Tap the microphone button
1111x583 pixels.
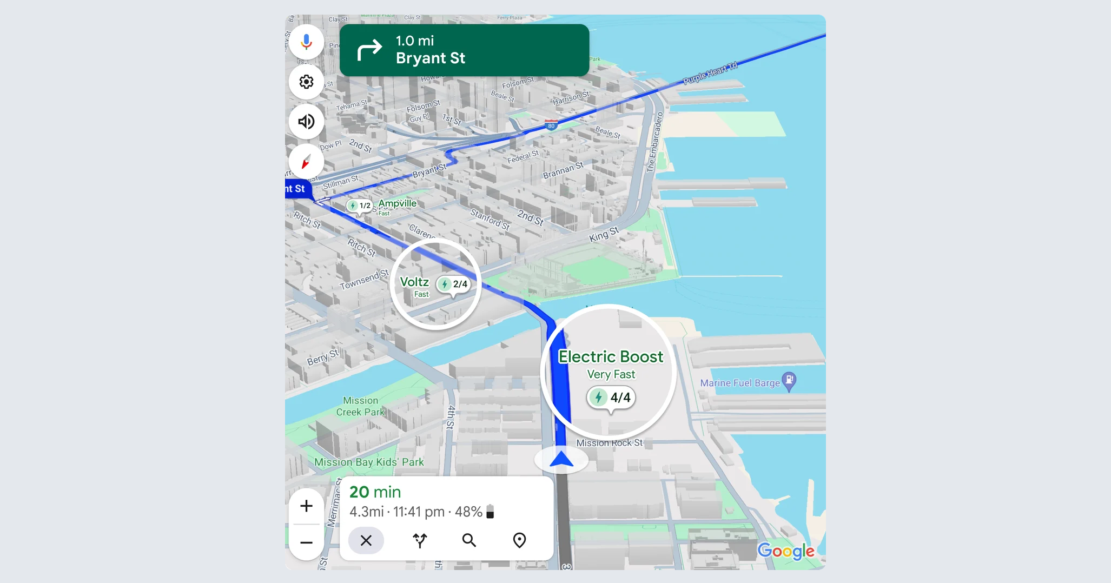tap(306, 42)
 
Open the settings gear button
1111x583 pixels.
tap(306, 82)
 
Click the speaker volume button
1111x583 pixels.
tap(306, 122)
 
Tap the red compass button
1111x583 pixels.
tap(306, 162)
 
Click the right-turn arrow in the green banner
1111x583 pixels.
tap(369, 50)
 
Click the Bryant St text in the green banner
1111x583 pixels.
tap(430, 58)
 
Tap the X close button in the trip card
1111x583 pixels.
tap(366, 540)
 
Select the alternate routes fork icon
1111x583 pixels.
tap(420, 540)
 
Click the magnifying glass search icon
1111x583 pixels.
tap(469, 540)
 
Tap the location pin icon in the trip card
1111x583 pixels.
tap(519, 540)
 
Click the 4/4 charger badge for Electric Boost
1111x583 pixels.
tap(611, 398)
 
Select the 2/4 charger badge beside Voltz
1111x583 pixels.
tap(453, 284)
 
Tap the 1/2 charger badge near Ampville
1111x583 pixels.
tap(360, 206)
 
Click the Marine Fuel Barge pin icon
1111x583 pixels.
tap(789, 381)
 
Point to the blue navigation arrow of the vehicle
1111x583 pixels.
tap(561, 460)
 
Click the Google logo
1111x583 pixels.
tap(785, 551)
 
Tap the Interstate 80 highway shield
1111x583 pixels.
tap(551, 125)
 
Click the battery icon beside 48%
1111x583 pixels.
tap(490, 512)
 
